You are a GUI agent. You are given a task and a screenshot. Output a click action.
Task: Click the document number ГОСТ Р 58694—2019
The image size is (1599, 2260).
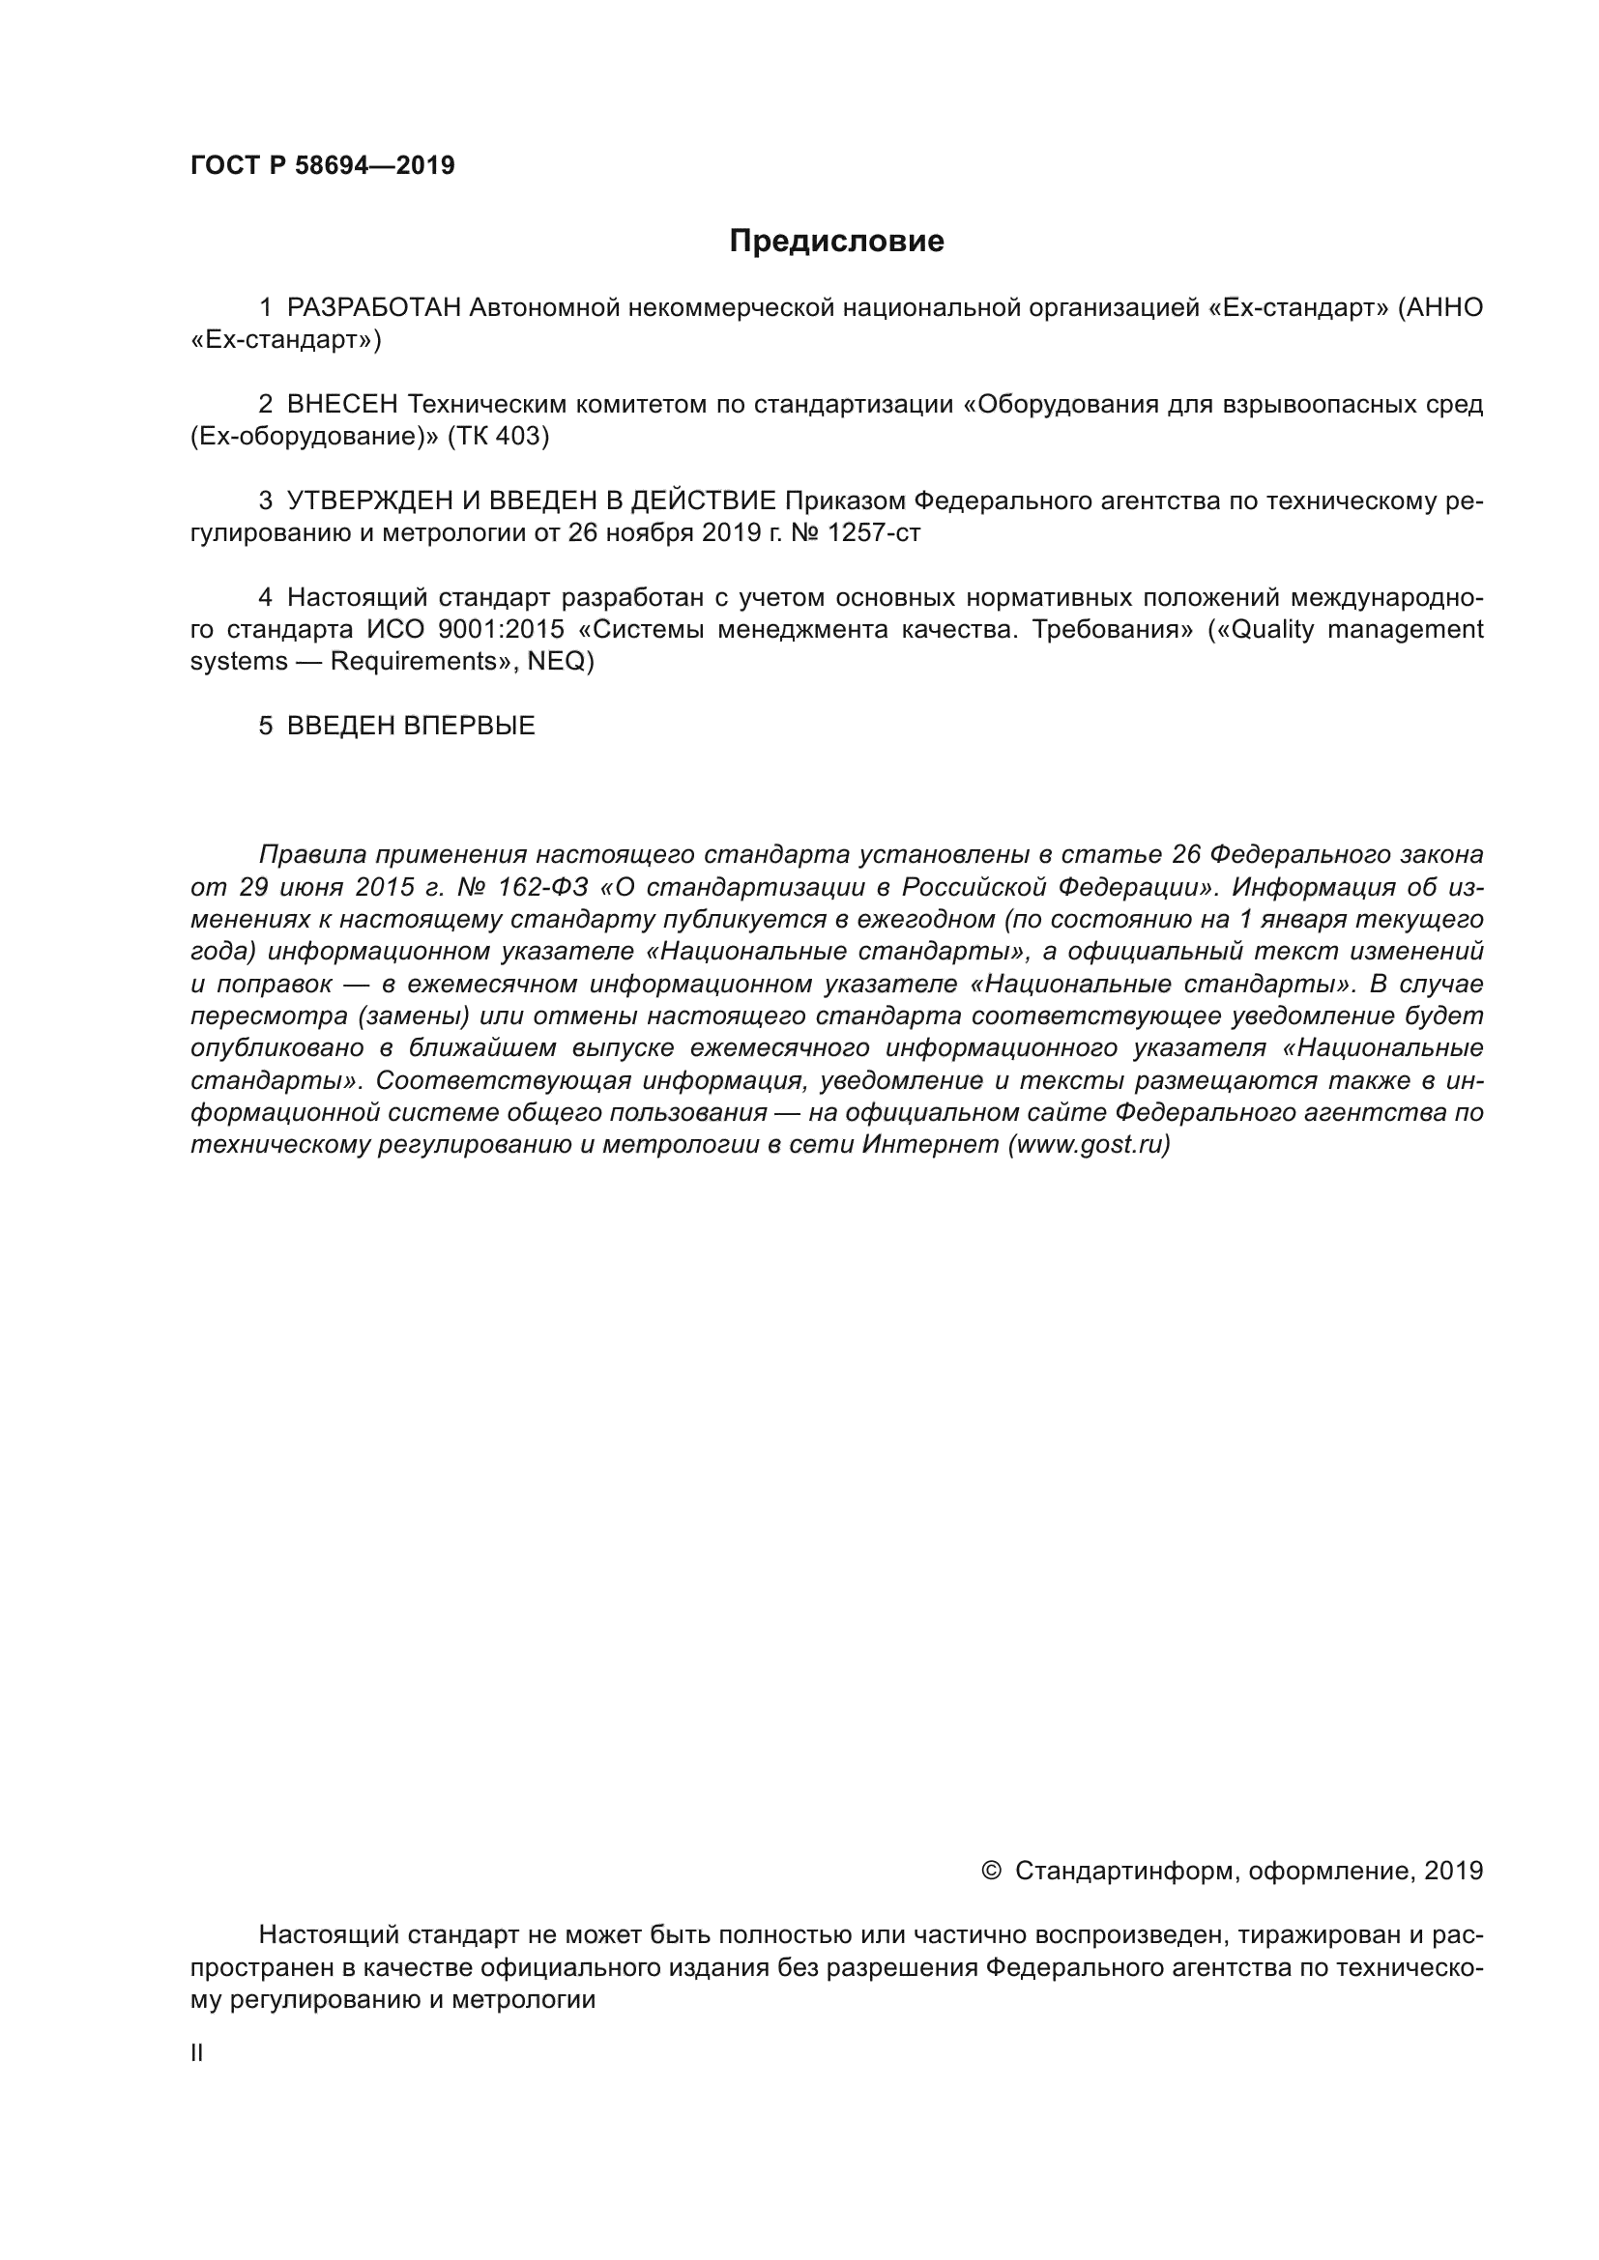[322, 165]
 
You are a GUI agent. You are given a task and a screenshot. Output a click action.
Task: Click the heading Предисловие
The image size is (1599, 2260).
[836, 242]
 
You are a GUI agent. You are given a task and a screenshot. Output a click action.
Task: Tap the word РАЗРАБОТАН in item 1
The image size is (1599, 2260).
[373, 308]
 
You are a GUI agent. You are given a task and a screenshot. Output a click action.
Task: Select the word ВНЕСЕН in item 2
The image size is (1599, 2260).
[341, 405]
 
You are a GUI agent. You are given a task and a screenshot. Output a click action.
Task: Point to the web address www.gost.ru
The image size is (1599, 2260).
[1088, 1145]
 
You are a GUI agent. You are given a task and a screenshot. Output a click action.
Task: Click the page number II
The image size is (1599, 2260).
[196, 2052]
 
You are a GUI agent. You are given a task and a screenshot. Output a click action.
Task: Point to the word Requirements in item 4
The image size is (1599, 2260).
[415, 662]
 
